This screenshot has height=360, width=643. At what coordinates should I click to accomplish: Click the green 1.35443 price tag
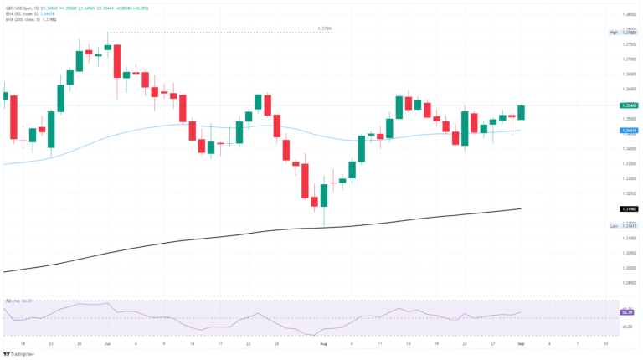[x=628, y=105]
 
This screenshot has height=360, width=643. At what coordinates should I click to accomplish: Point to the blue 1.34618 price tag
[x=628, y=131]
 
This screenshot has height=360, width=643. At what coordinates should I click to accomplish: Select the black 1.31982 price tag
[x=628, y=208]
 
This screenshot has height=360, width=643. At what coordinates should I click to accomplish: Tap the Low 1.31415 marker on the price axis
[x=627, y=226]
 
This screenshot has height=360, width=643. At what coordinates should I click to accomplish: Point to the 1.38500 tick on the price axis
[x=628, y=14]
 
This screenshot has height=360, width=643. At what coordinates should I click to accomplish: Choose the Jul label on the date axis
[x=106, y=343]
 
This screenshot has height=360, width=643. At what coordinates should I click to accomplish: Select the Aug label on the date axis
[x=322, y=343]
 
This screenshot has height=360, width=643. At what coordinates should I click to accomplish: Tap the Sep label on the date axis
[x=521, y=343]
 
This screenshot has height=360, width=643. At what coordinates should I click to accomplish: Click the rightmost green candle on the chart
[x=521, y=112]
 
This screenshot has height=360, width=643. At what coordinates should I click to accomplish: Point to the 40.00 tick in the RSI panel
[x=627, y=326]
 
